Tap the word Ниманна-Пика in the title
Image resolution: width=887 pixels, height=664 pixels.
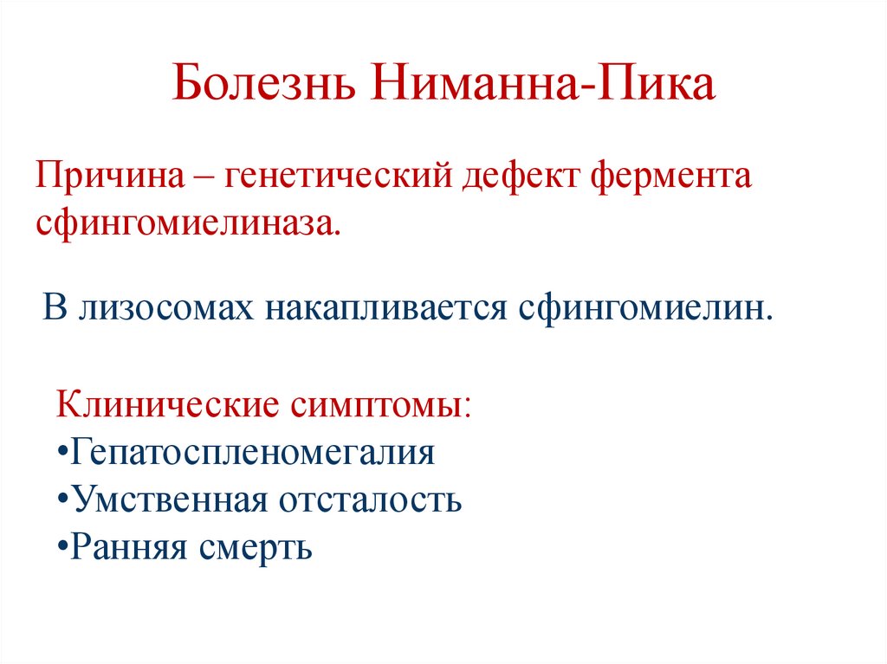point(545,87)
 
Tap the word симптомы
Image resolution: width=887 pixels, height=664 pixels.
point(381,404)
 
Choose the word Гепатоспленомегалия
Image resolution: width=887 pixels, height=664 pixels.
point(253,453)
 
